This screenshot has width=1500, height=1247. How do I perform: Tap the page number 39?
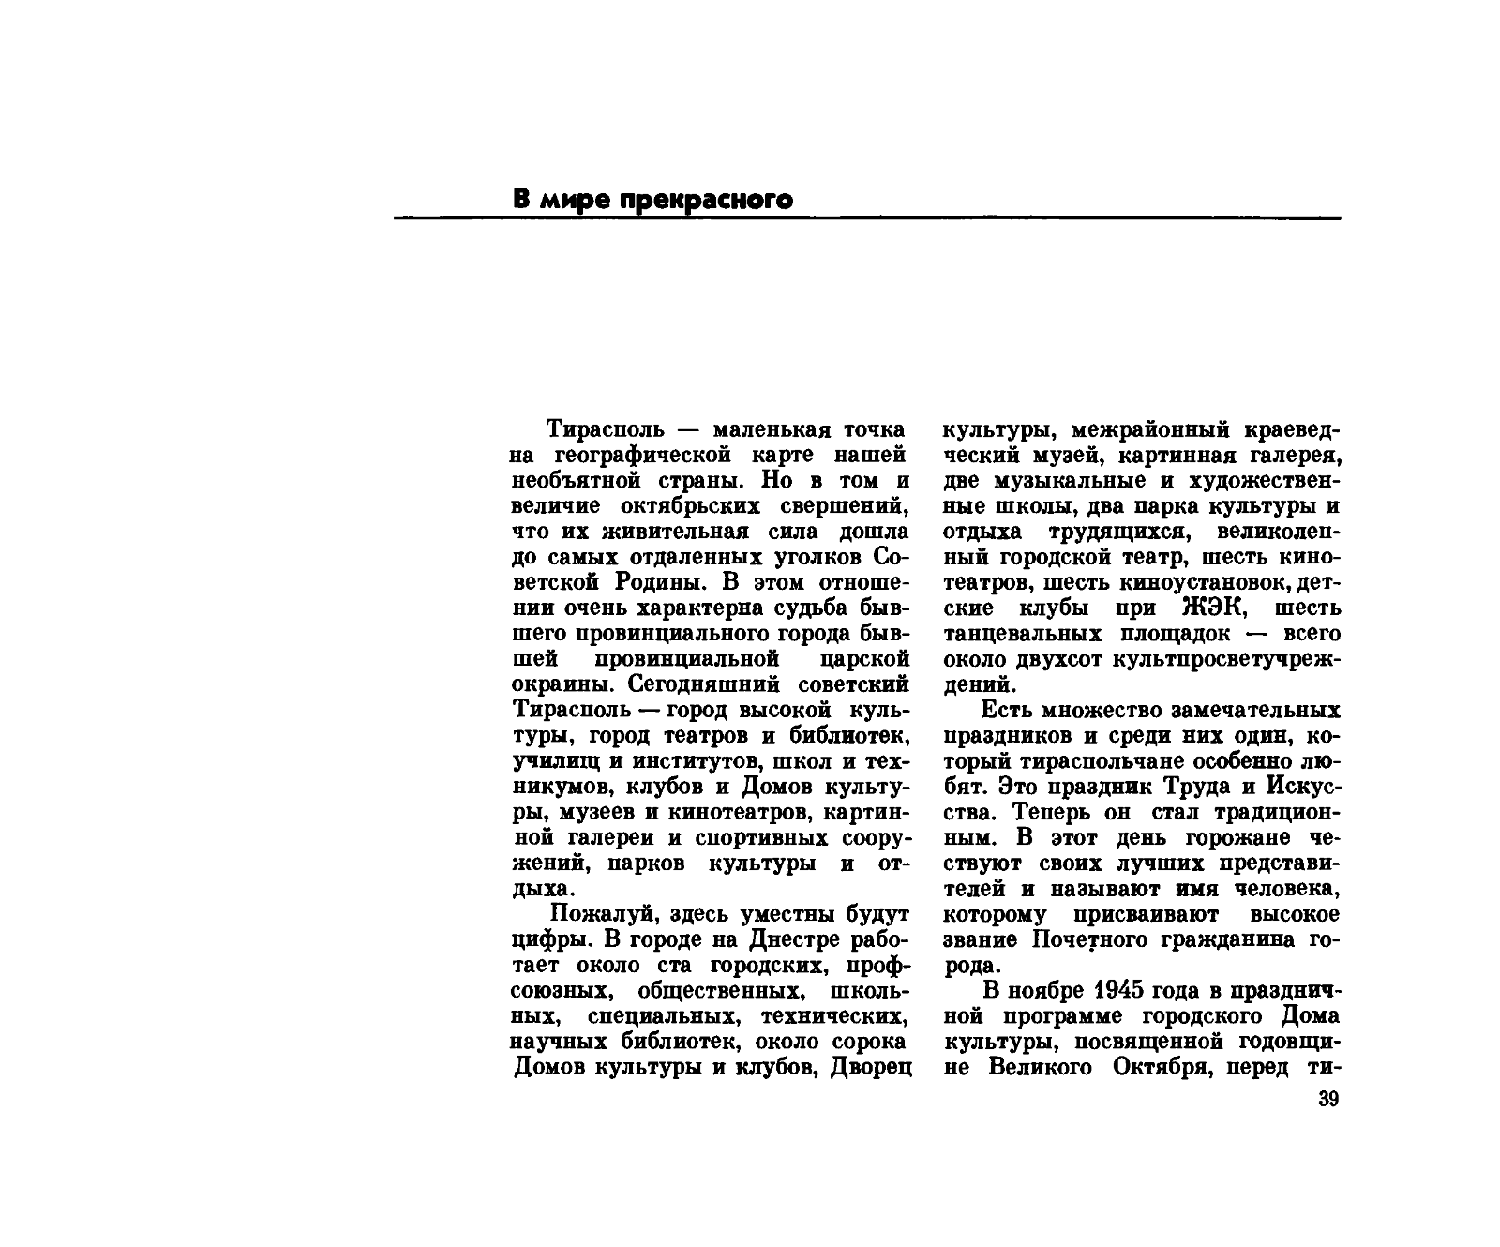pyautogui.click(x=1327, y=1100)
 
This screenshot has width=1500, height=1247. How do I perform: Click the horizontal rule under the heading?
pyautogui.click(x=866, y=218)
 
